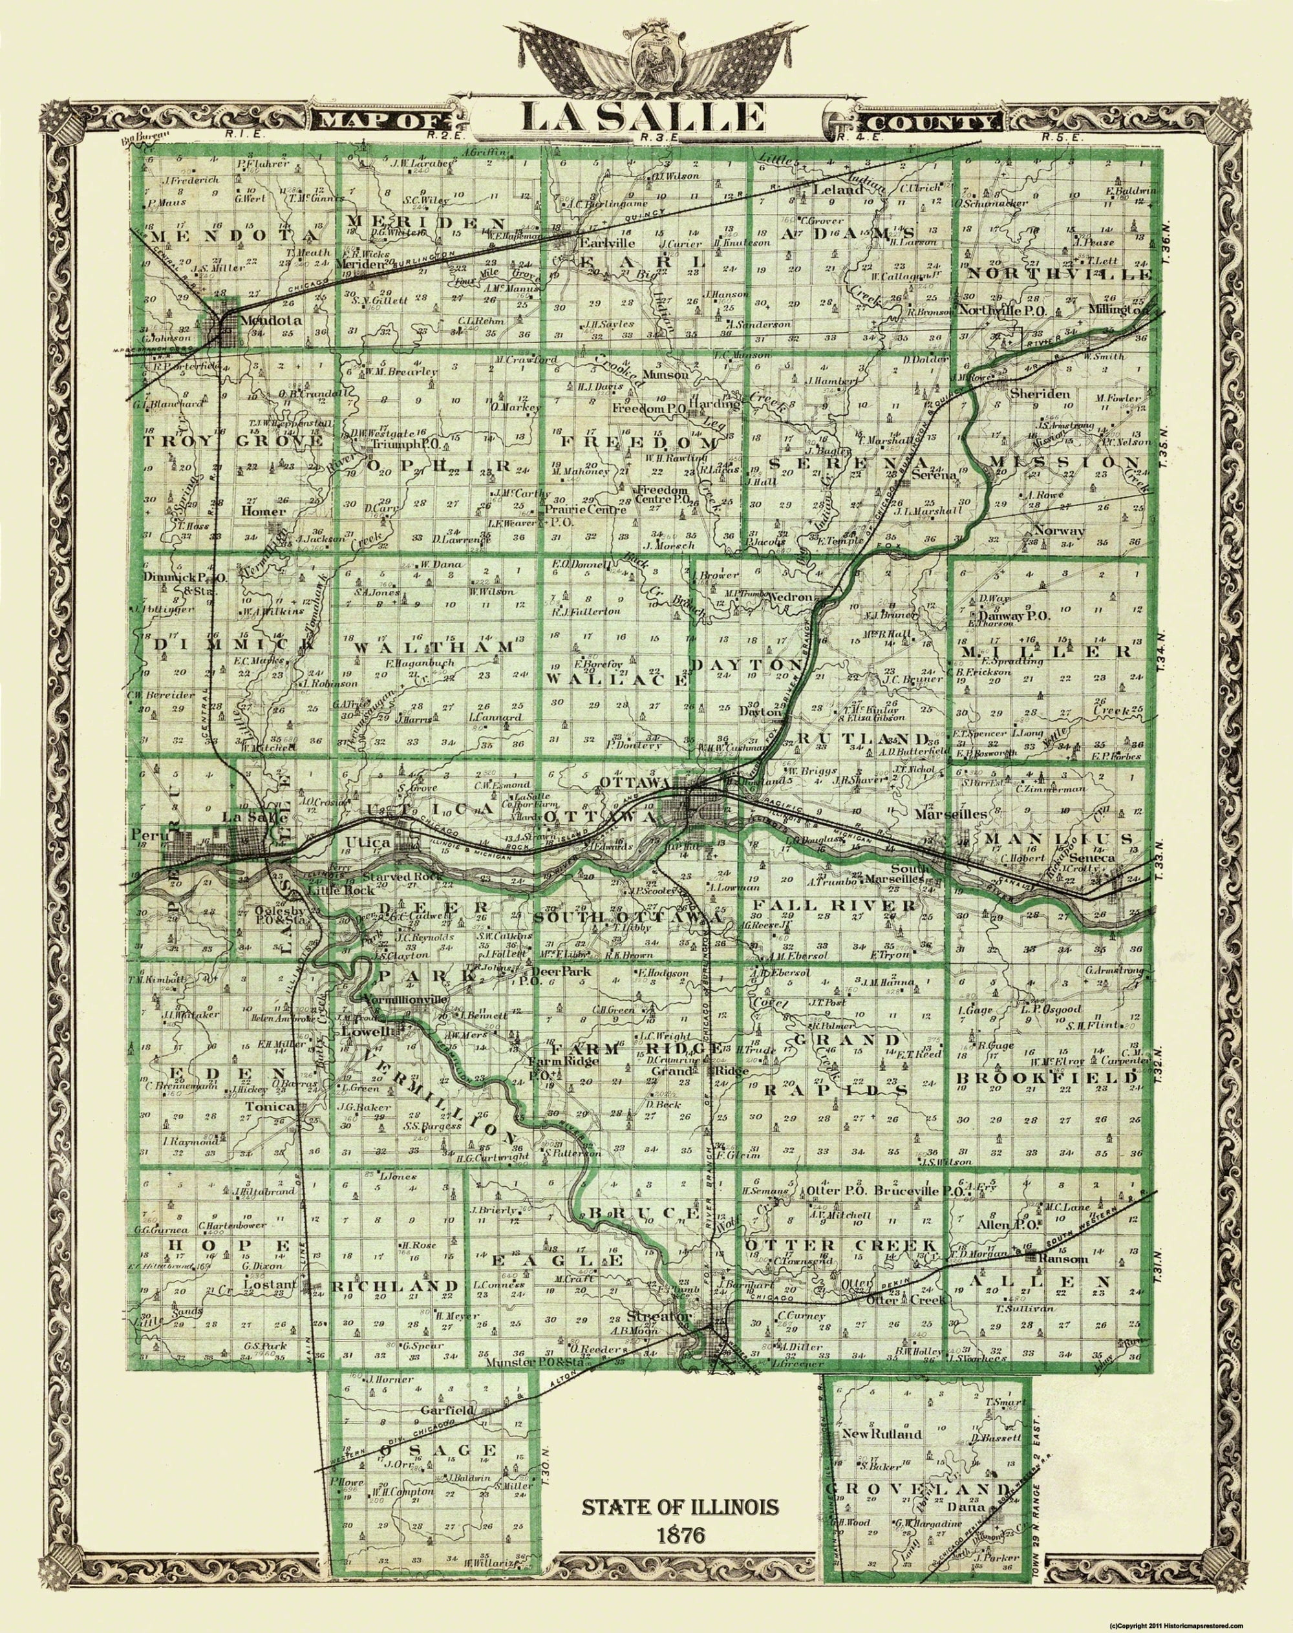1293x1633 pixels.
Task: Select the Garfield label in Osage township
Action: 448,1411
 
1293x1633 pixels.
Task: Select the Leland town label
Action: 837,190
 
